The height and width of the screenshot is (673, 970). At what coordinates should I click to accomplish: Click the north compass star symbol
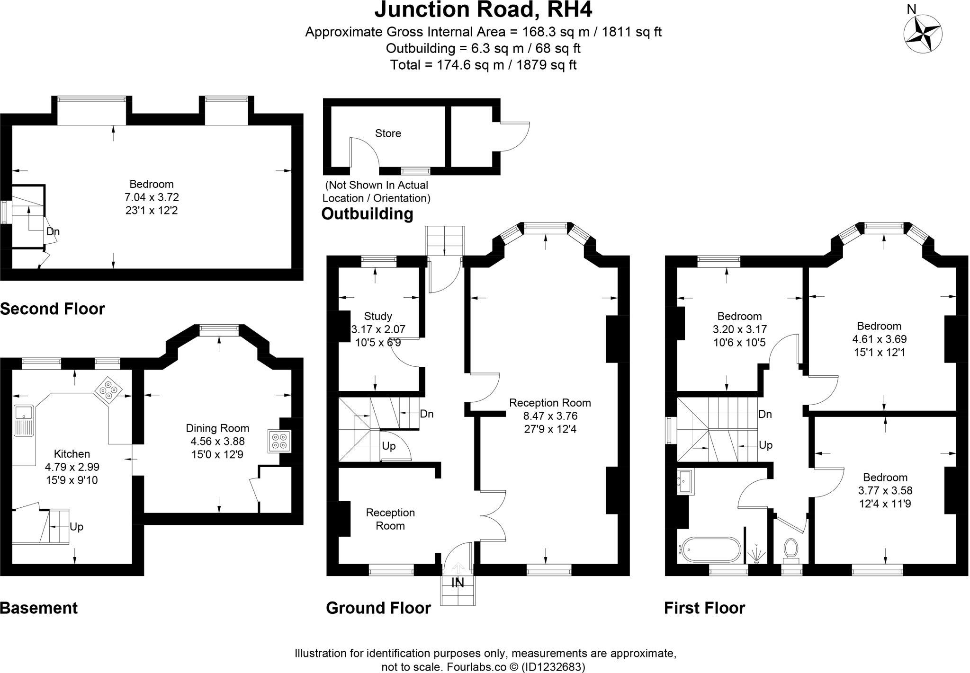click(923, 34)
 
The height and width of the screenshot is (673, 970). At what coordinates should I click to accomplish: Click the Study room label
click(378, 316)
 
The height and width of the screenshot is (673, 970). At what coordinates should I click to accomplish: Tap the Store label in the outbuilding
click(388, 133)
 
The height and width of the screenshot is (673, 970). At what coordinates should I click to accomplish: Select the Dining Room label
click(217, 428)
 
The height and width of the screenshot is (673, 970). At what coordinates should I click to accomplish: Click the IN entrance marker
click(458, 583)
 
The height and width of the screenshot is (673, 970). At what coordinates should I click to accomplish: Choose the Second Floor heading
click(53, 309)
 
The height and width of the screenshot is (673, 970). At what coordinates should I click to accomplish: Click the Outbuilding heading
click(367, 214)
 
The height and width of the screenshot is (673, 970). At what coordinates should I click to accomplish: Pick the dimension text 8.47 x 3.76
click(550, 416)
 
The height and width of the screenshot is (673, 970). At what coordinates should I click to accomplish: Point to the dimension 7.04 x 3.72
click(152, 197)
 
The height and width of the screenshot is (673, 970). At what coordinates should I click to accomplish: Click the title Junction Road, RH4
click(483, 10)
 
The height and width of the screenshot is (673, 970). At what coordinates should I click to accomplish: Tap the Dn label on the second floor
click(53, 232)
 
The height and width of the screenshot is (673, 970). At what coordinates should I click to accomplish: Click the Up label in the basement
click(76, 527)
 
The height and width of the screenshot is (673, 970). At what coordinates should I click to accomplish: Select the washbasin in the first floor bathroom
click(685, 482)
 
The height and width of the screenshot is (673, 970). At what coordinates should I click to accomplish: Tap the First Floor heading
click(704, 608)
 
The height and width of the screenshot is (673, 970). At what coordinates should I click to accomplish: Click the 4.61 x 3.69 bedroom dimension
click(879, 339)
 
